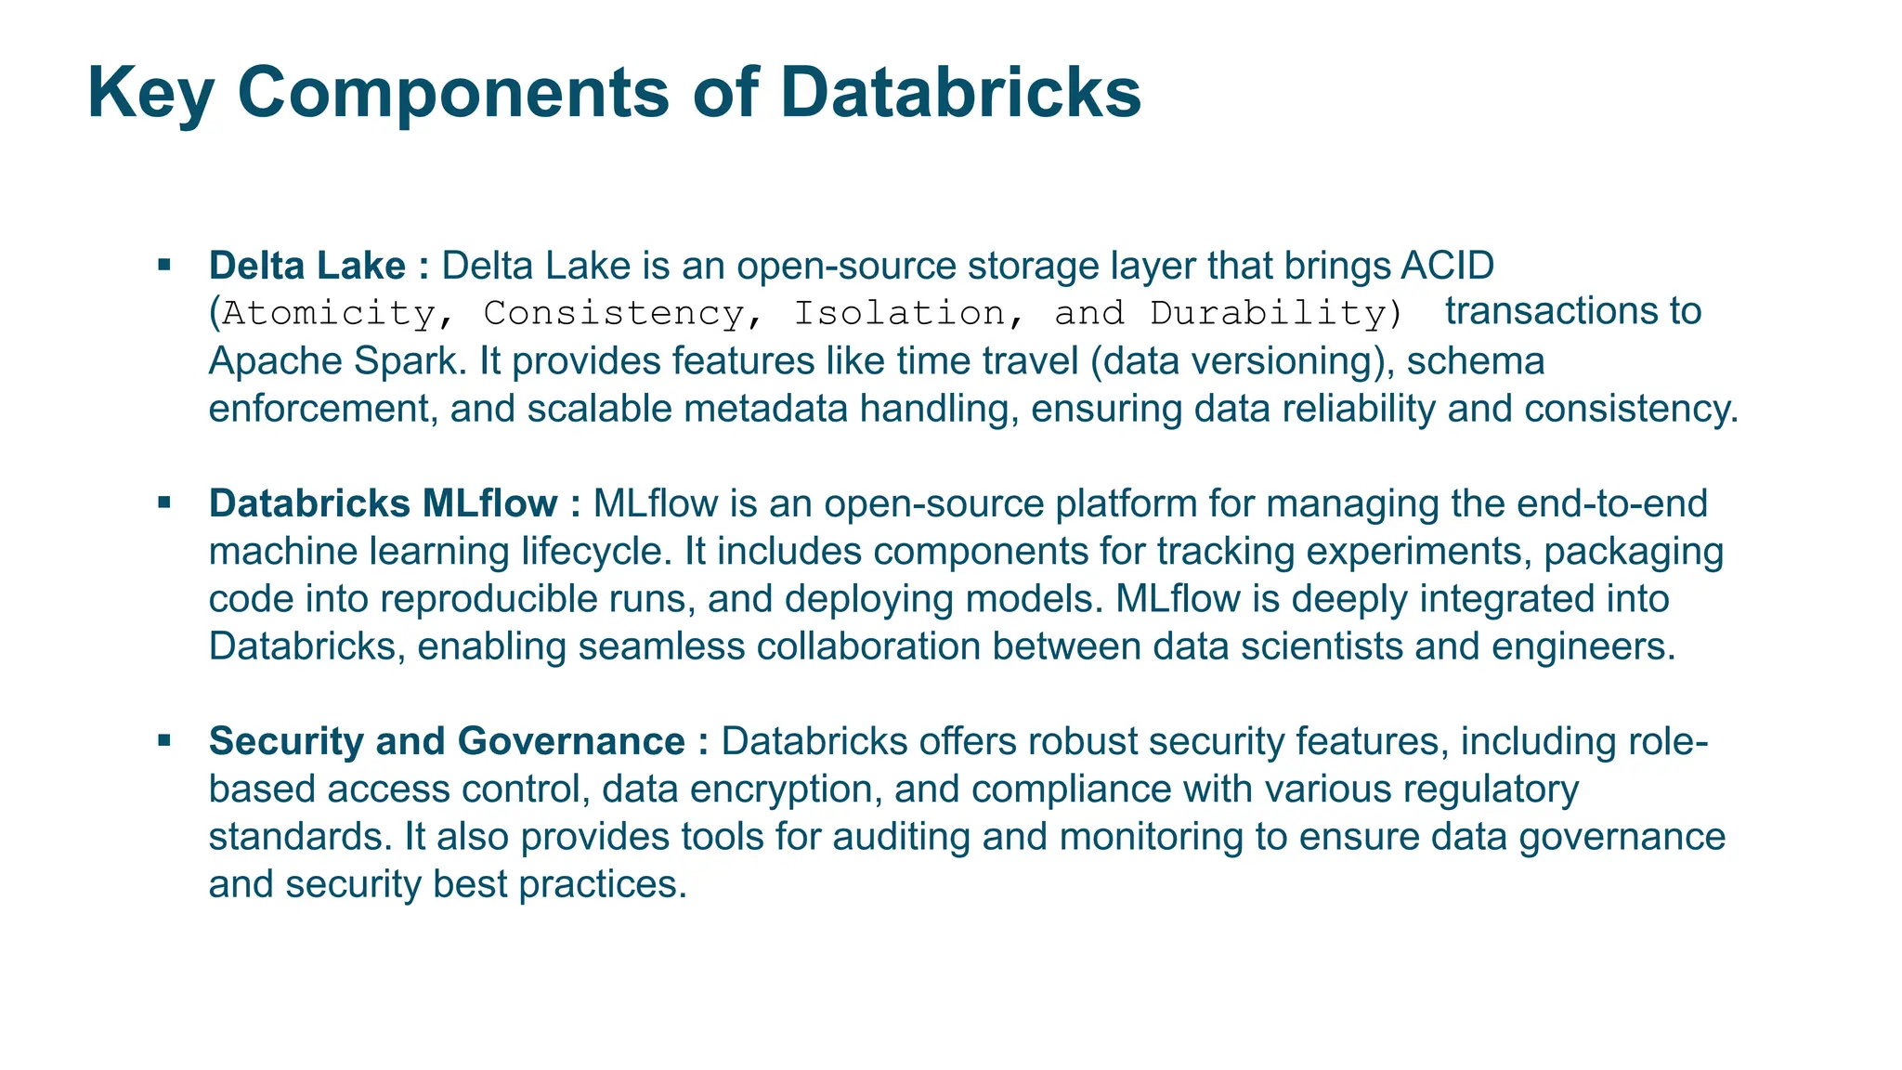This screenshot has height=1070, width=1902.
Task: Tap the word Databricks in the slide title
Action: click(960, 95)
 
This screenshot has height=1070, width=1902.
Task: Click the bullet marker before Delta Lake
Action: click(165, 266)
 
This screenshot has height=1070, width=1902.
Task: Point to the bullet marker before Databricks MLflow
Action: click(165, 503)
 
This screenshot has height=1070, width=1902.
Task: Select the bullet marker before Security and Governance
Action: click(165, 741)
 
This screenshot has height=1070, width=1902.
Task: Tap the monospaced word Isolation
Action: click(899, 314)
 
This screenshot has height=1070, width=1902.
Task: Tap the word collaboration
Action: click(871, 646)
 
